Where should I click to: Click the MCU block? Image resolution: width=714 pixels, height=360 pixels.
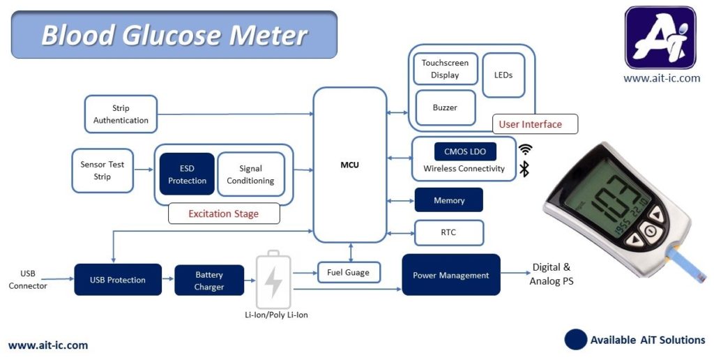[x=350, y=165]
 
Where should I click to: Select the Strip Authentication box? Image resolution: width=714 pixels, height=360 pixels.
[x=121, y=114]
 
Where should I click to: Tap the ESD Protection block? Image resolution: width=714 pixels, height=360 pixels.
[x=187, y=174]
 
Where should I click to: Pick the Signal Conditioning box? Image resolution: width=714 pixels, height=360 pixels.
[x=251, y=174]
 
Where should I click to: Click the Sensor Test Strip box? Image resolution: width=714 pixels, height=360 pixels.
[x=102, y=170]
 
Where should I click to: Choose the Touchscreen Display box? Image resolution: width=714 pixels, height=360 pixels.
[x=445, y=68]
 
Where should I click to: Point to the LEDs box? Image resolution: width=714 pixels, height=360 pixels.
[x=503, y=75]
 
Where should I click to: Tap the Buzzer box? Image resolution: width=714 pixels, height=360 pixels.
[x=445, y=107]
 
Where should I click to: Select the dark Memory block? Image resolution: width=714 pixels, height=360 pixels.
[x=449, y=200]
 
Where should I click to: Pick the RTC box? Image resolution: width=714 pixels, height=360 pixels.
[x=449, y=232]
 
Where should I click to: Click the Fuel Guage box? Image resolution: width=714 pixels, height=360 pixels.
[x=348, y=272]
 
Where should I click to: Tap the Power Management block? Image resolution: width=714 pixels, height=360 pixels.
[x=451, y=275]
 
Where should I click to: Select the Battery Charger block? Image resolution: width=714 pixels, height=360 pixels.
[x=209, y=280]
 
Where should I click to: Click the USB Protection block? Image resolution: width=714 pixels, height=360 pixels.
[x=118, y=280]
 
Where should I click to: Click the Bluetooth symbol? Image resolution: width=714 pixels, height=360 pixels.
[x=524, y=168]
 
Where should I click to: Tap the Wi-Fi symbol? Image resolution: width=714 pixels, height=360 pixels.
[x=524, y=149]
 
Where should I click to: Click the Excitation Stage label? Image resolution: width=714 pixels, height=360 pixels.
[x=224, y=213]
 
